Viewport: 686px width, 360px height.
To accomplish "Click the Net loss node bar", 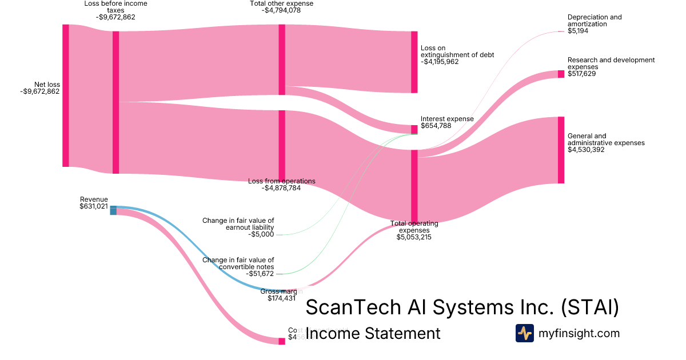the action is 66,95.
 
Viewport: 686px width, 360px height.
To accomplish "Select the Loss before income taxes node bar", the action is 115,102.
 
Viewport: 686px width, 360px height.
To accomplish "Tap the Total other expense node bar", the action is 282,59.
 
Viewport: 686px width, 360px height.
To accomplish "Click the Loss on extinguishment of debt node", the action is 414,62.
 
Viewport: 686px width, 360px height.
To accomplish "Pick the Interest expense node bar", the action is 414,130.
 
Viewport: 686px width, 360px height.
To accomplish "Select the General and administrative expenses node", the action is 561,150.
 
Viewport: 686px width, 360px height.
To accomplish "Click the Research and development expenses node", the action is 561,74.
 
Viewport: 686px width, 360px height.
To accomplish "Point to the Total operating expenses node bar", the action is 414,186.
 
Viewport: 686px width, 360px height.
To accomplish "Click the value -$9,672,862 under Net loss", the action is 40,91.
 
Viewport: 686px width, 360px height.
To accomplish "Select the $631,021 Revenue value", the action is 94,206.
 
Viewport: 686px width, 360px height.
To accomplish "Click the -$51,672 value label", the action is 261,274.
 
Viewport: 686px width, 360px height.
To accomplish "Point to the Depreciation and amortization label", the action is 595,21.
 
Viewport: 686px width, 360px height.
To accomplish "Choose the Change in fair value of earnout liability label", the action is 238,224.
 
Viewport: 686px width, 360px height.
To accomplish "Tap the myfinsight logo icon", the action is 524,333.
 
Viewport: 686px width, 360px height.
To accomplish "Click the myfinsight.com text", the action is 579,333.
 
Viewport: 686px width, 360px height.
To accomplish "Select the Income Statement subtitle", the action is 373,333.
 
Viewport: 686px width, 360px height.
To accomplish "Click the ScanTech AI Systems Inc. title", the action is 462,307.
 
